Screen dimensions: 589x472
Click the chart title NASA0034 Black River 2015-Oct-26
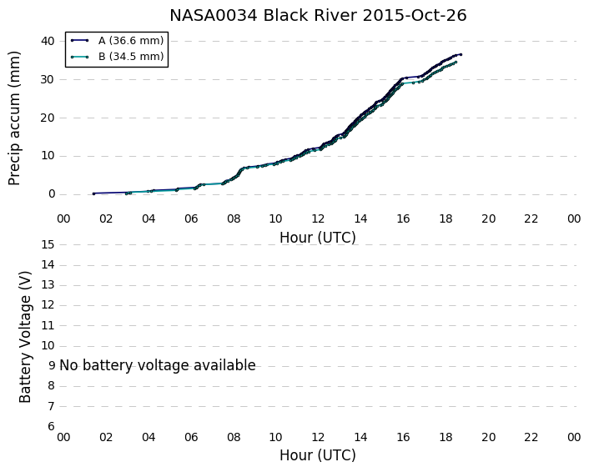tap(318, 16)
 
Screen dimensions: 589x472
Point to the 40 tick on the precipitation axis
tap(48, 41)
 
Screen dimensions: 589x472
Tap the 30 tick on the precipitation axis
tap(48, 79)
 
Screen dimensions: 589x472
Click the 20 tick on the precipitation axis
tap(48, 118)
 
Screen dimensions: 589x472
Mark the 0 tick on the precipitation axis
tap(52, 194)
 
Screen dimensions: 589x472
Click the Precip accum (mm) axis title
tap(14, 118)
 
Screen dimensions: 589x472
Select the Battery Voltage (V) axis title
tap(25, 337)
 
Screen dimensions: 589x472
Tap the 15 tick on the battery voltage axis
tap(48, 245)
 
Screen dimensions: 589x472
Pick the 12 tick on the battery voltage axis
tap(48, 305)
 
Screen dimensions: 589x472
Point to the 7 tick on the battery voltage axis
tap(52, 406)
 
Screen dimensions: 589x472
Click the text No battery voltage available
tap(158, 365)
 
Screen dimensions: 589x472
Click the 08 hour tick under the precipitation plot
tap(234, 218)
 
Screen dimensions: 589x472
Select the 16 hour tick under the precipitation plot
tap(403, 218)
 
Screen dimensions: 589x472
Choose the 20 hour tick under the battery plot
tap(488, 437)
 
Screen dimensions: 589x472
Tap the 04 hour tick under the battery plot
tap(149, 437)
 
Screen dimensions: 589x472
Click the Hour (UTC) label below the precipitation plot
tap(318, 238)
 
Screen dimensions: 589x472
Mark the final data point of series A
tap(461, 55)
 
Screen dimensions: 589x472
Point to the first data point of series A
tap(93, 193)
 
